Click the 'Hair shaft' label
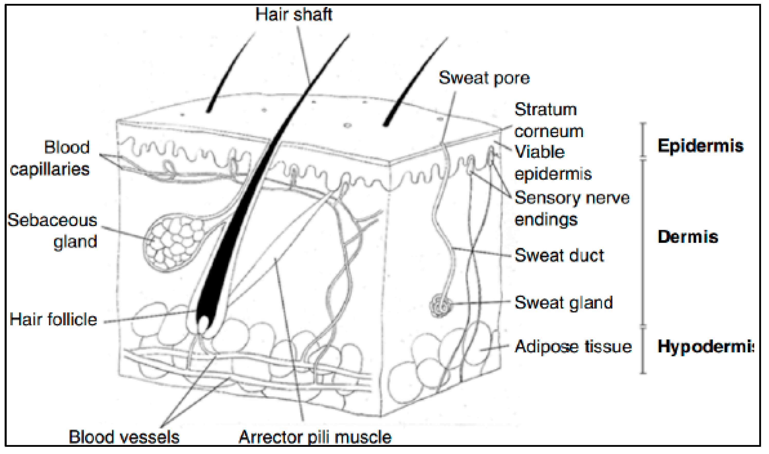point(294,15)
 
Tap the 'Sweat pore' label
point(484,78)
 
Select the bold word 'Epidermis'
point(700,146)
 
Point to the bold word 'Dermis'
point(688,237)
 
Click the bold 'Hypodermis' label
point(705,347)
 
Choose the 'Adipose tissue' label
point(573,347)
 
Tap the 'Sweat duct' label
point(559,256)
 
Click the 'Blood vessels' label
point(124,437)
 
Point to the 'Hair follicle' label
point(53,320)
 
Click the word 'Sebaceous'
point(52,220)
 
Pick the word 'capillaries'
point(50,169)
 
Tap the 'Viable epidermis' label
point(553,163)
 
